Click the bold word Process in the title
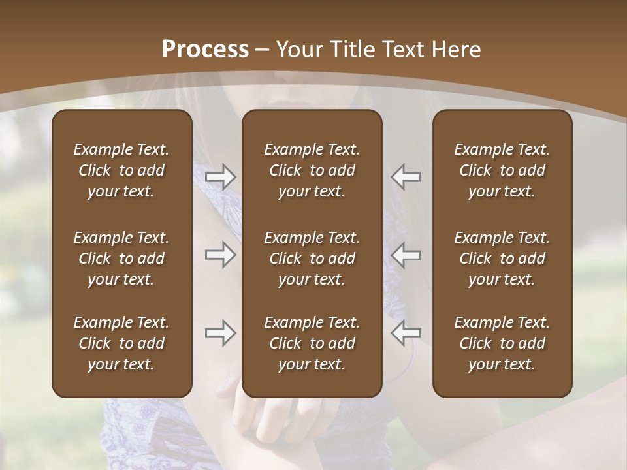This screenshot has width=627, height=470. tap(205, 50)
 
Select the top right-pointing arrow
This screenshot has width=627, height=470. tap(221, 177)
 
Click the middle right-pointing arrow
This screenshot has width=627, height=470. tap(221, 255)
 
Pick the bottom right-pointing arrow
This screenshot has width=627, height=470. tap(221, 333)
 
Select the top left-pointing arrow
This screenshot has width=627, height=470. tap(406, 177)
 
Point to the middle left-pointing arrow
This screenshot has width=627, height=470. tap(406, 255)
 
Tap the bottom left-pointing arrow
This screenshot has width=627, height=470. tap(406, 333)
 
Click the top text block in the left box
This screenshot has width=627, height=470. tap(121, 170)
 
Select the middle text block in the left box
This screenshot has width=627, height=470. tap(121, 258)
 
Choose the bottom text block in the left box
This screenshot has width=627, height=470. tap(121, 343)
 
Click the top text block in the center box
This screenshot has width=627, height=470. tap(312, 170)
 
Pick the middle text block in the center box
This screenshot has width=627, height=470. tap(312, 258)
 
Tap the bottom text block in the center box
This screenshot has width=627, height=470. tap(312, 343)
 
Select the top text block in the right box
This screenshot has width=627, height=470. tap(502, 170)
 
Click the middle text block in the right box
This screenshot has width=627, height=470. tap(502, 258)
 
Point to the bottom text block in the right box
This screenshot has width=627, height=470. tap(502, 343)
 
